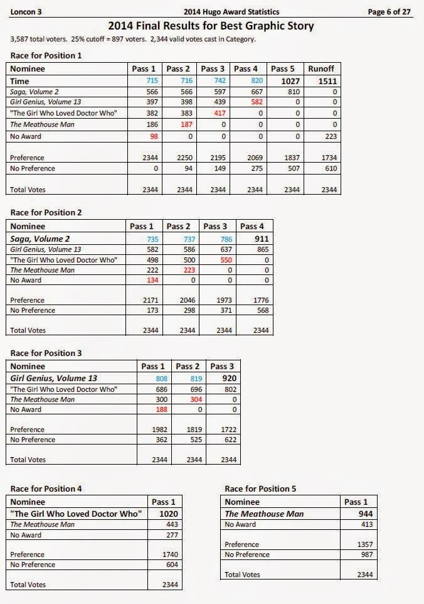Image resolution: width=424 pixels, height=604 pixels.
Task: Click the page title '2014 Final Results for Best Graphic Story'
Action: point(211,26)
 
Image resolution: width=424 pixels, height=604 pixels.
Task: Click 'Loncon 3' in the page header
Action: point(25,11)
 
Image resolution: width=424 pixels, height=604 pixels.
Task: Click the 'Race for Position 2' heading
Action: point(46,212)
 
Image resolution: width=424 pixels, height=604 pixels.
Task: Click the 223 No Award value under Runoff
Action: point(331,137)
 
